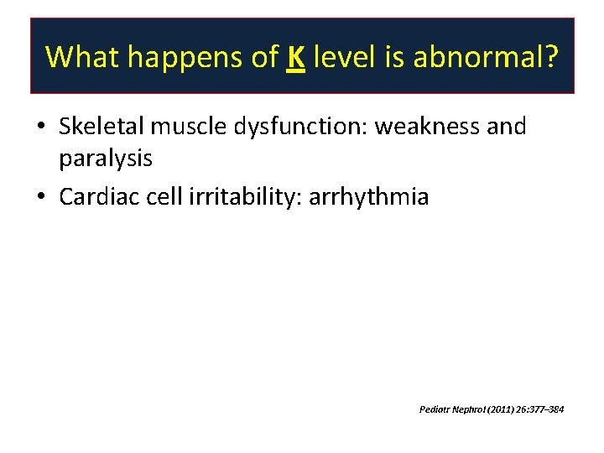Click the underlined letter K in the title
pos(294,57)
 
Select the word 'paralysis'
pos(106,159)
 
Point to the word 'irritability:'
pos(240,198)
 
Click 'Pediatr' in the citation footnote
pos(434,409)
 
